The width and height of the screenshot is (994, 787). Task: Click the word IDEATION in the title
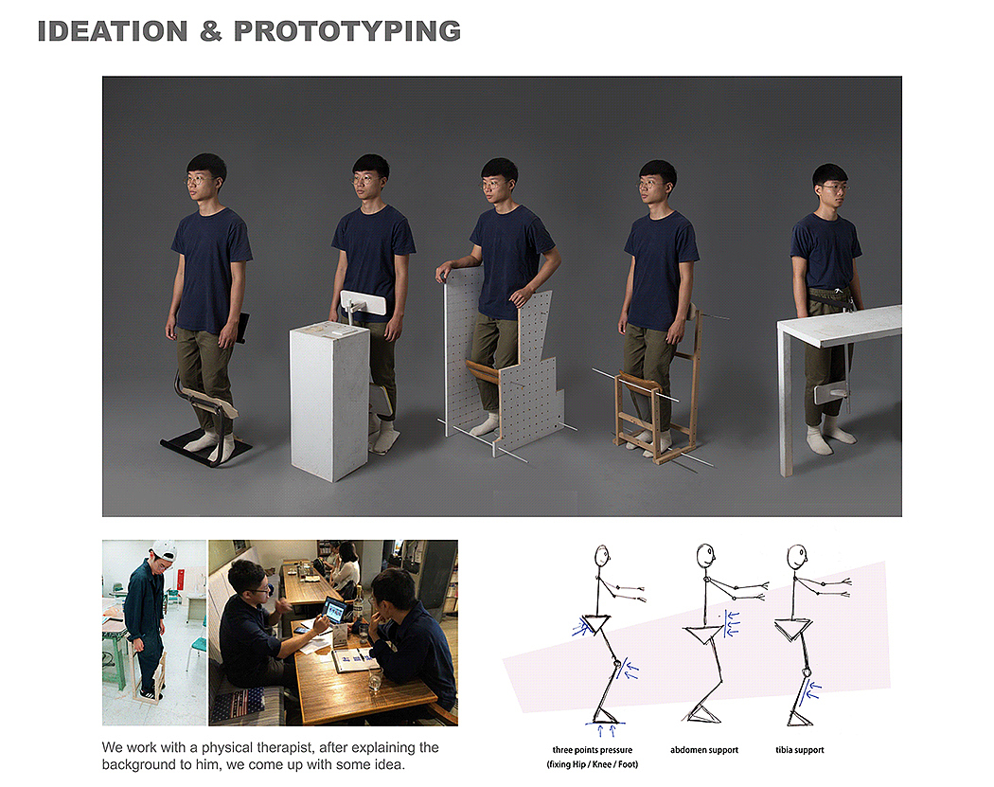coord(113,31)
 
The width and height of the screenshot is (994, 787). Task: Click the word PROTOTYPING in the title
coord(347,31)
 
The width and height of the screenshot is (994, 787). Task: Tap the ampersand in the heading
coord(211,31)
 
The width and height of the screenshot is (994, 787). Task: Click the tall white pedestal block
coord(329,401)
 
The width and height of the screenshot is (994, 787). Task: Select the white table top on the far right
coord(840,325)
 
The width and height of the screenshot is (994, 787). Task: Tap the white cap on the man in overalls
coord(164,550)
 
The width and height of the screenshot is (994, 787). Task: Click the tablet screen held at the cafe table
coord(335,610)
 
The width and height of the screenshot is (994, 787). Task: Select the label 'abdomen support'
coord(704,749)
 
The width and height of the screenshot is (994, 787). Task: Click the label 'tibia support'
coord(800,749)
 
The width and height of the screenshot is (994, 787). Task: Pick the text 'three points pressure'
coord(592,749)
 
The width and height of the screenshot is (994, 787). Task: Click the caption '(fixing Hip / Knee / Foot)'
coord(592,764)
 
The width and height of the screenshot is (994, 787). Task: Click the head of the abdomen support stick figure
coord(705,556)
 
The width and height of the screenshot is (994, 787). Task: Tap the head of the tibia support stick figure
coord(796,557)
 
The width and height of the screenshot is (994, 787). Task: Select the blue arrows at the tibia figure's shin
coord(809,692)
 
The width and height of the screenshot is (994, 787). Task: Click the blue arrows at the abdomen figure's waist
coord(731,623)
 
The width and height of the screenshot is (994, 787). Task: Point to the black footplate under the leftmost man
coord(204,447)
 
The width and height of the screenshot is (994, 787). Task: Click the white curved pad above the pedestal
coord(364,303)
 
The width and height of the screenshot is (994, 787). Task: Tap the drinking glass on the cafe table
coord(375,680)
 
